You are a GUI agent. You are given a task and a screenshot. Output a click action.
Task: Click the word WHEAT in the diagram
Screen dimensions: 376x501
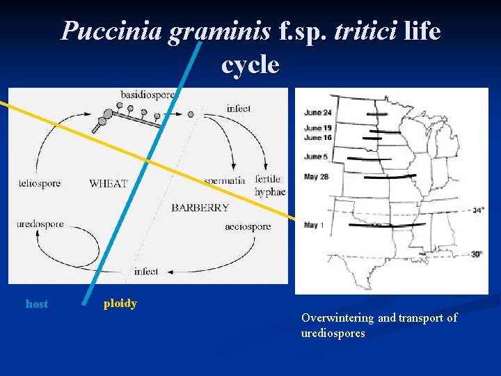coord(109,183)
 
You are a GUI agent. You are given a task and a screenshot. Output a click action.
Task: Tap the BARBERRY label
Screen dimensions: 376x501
coord(200,207)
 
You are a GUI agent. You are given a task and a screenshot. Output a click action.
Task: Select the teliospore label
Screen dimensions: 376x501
coord(40,183)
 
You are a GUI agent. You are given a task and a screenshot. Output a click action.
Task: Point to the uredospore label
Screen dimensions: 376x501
coord(40,224)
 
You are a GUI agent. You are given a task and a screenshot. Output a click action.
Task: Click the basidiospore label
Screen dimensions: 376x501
coord(148,93)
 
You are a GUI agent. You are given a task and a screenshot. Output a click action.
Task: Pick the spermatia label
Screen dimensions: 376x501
coord(224,180)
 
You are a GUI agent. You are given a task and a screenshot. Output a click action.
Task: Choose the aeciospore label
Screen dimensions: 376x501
coord(248,227)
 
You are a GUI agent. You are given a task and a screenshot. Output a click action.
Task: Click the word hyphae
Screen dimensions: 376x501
coord(270,192)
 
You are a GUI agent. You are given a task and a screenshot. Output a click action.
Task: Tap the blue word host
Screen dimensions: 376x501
coord(37,304)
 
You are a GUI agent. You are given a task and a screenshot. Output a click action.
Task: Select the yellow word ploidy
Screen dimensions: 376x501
coord(120,304)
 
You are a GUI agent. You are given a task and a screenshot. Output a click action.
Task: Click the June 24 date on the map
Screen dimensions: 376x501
coord(317,112)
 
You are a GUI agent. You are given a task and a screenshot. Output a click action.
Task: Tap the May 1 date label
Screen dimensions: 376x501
coord(315,225)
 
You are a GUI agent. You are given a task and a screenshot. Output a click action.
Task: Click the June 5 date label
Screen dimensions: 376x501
coord(315,157)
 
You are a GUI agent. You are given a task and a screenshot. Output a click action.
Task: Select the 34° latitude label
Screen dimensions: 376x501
coord(478,210)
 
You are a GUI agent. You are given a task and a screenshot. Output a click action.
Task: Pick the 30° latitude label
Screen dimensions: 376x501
coord(477,254)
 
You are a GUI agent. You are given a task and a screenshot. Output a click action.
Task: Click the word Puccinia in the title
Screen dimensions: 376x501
coord(111,31)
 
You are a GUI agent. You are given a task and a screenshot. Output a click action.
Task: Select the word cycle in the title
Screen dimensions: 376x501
coord(250,65)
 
